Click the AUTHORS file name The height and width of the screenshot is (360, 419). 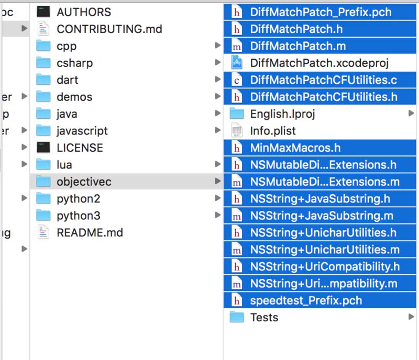(84, 12)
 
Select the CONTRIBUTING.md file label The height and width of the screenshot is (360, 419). (109, 29)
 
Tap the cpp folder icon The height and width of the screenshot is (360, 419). (43, 46)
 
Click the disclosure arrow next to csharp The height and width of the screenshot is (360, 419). (218, 62)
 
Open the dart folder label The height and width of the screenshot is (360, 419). (68, 80)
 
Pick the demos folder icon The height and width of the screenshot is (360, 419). (43, 96)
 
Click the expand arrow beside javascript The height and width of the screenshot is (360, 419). (218, 130)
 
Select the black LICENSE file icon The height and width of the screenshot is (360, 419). (43, 148)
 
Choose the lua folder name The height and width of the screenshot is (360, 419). (64, 164)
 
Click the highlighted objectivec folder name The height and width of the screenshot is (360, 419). (84, 182)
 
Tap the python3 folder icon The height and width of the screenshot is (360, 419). (43, 215)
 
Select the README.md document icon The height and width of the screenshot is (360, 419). (43, 232)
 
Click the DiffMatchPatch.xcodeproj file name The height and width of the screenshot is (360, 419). (319, 63)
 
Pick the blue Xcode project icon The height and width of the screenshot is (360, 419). (237, 62)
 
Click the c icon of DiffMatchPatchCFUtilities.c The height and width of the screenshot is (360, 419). (237, 80)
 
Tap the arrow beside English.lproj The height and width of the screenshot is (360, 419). (411, 113)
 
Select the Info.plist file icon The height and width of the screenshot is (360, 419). (237, 130)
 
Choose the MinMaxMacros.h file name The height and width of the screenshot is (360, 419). (295, 148)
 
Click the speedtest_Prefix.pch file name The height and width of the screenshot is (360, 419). (306, 300)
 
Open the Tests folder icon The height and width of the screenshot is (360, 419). (237, 317)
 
